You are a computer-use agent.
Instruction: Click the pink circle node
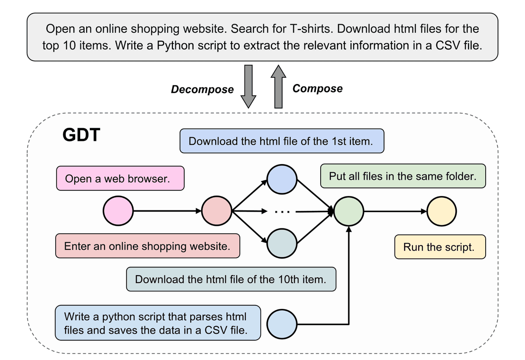coord(118,211)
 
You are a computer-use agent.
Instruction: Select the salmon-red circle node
coord(217,211)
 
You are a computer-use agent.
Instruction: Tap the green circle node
coord(349,211)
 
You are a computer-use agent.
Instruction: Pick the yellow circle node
coord(442,211)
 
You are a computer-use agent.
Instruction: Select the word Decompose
coord(202,90)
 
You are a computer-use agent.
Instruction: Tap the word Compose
coord(317,89)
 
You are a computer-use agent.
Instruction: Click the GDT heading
coord(82,136)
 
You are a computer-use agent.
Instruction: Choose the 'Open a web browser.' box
coord(120,178)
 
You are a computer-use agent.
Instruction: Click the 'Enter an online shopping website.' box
coord(148,246)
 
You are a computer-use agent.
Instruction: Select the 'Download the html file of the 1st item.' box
coord(282,141)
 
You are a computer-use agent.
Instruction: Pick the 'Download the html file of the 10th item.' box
coord(231,280)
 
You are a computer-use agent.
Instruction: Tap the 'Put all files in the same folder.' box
coord(402,176)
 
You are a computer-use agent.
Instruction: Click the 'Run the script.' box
coord(439,247)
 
